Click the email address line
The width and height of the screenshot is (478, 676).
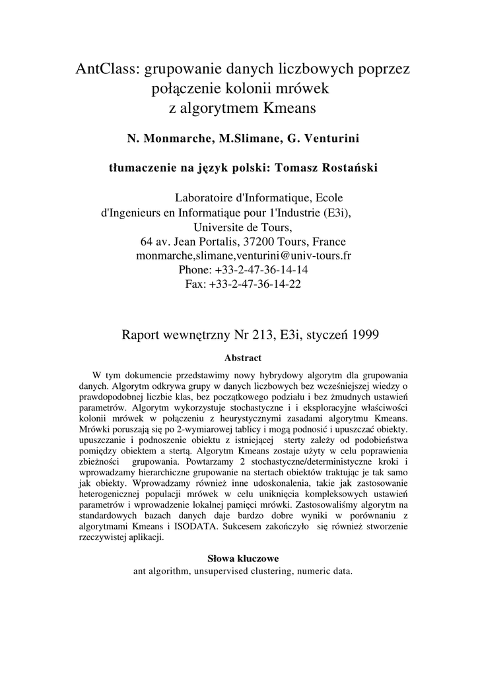click(243, 255)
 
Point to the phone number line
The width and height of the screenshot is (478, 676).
click(243, 270)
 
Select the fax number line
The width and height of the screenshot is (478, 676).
click(243, 284)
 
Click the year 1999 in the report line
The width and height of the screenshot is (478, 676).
click(364, 335)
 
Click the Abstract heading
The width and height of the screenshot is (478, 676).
click(243, 358)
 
